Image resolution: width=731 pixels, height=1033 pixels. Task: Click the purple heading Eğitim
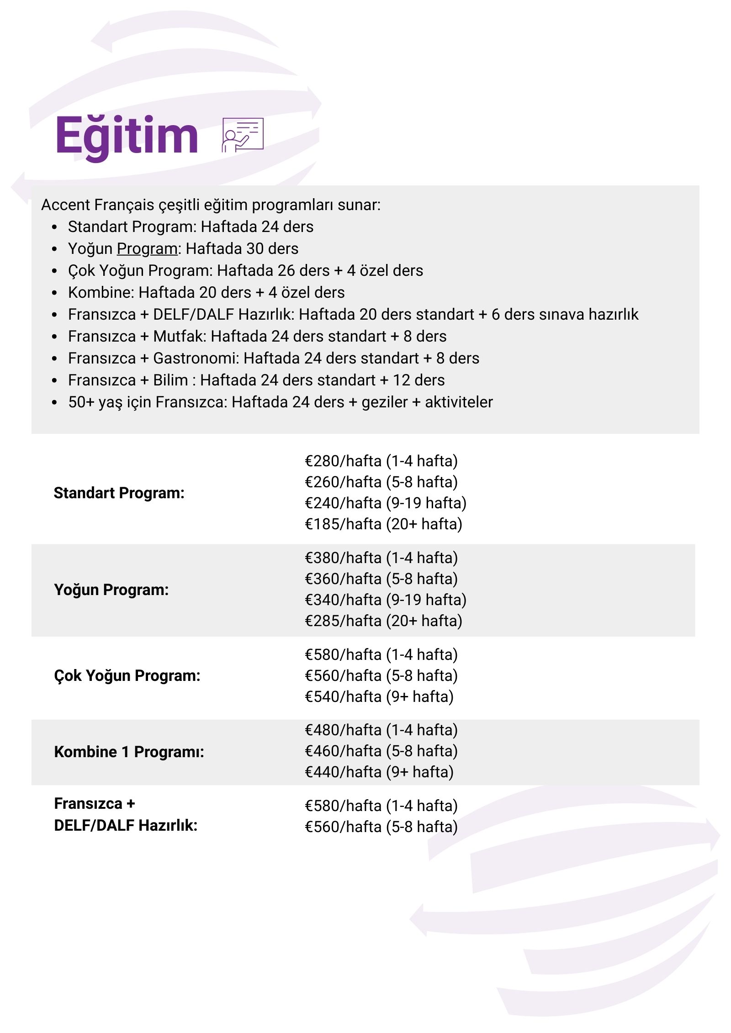tap(127, 136)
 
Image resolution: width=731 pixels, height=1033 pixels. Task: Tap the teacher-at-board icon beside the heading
tap(243, 135)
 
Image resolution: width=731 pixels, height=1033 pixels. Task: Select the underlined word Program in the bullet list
tap(147, 248)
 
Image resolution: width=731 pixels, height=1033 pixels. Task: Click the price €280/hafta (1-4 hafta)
tap(381, 461)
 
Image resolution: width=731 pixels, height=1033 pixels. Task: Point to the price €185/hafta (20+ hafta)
tap(383, 524)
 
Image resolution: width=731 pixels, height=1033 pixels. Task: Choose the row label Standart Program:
tap(119, 493)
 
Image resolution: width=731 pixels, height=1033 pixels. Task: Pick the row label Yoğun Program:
tap(111, 590)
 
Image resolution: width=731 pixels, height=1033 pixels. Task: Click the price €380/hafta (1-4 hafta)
tap(381, 558)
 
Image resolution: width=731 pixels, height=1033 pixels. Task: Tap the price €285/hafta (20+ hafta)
tap(383, 621)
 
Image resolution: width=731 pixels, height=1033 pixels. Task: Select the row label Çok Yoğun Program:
tap(127, 675)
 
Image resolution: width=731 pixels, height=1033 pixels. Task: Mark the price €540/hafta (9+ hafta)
tap(379, 696)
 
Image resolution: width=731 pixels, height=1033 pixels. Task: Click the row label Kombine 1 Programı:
tap(129, 752)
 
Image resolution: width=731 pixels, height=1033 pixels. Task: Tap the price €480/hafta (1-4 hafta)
tap(381, 730)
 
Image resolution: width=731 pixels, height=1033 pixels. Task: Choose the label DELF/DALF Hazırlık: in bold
tap(125, 825)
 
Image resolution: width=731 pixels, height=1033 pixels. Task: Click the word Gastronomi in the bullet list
tap(196, 358)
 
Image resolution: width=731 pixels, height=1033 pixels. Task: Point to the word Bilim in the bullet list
tap(170, 380)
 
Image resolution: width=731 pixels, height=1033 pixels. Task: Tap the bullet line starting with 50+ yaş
tap(280, 402)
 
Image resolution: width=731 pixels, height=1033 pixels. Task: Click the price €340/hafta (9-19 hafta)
tap(385, 600)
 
